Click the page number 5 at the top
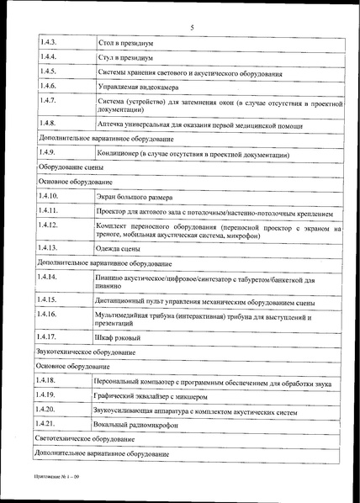click(x=192, y=27)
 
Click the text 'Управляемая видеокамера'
click(x=139, y=87)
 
